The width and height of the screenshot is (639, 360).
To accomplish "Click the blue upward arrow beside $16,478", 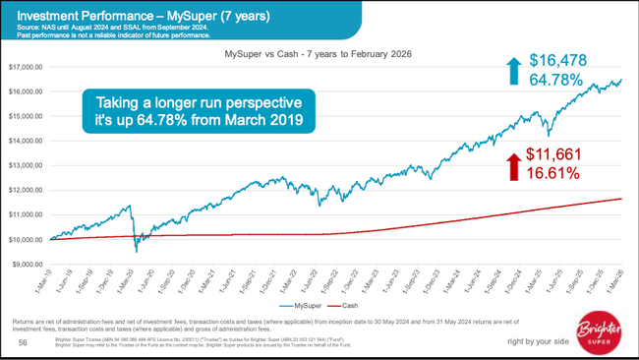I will point(510,70).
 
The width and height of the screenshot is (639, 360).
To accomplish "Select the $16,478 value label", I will point(558,61).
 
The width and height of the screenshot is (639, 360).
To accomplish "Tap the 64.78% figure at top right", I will point(556,80).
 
